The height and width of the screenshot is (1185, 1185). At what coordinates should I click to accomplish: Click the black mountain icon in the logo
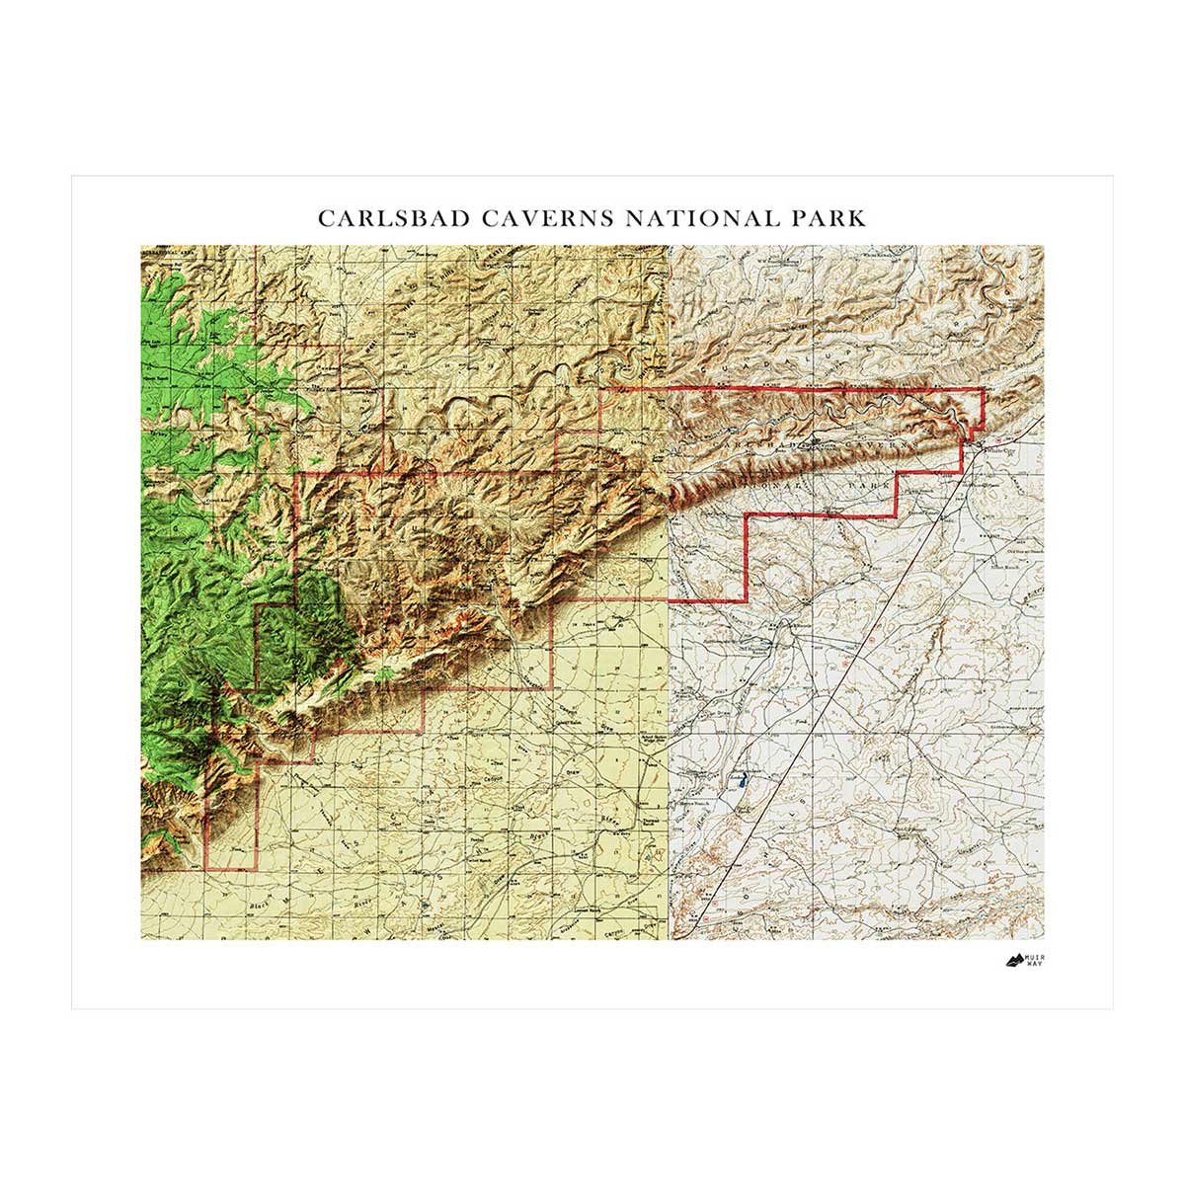1012,959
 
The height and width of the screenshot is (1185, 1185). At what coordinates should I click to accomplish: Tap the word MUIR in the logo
1032,955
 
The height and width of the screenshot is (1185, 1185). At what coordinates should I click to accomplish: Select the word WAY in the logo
1032,964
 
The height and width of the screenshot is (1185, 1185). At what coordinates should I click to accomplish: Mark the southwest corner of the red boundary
205,869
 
